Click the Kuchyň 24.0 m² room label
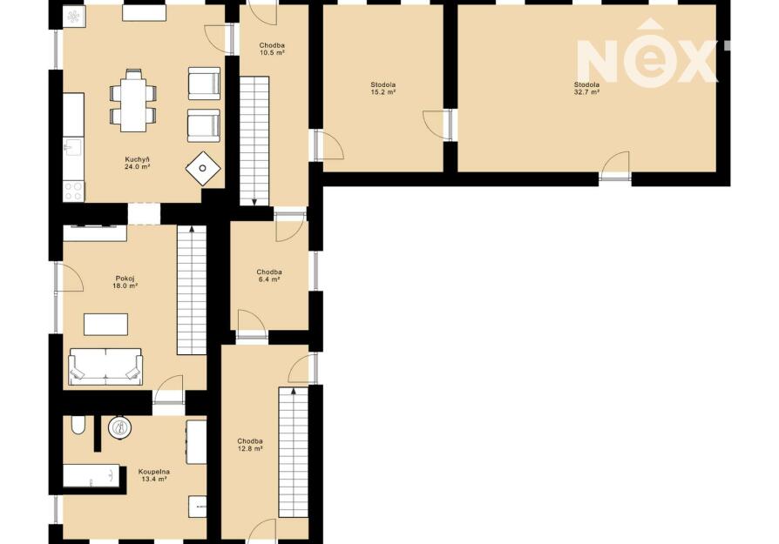click(138, 164)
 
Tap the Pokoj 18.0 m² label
click(125, 282)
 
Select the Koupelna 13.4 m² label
click(154, 475)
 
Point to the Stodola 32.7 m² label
click(586, 89)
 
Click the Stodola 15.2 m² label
click(383, 89)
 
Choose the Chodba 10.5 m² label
click(272, 49)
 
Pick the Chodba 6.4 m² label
click(269, 275)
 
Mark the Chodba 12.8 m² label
click(250, 445)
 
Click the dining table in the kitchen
click(133, 101)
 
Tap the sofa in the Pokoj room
click(105, 366)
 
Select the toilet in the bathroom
click(78, 425)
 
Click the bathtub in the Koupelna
click(91, 476)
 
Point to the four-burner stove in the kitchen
click(74, 191)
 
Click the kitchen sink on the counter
click(73, 147)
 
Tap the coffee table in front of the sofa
click(105, 325)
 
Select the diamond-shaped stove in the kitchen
click(203, 168)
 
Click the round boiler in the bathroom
click(119, 428)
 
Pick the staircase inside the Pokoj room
click(192, 290)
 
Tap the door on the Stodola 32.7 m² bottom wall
click(615, 166)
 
